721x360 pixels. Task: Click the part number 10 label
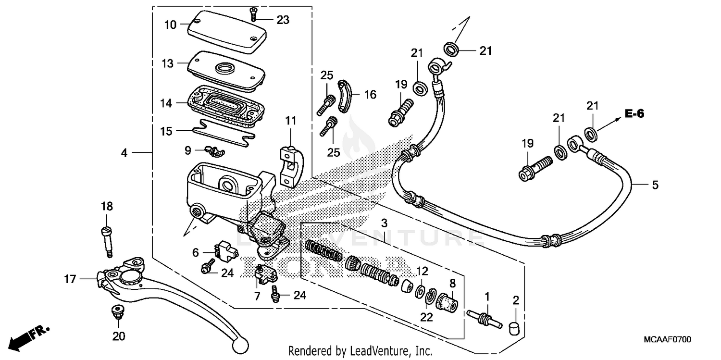coord(171,25)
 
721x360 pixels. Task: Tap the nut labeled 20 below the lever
coord(115,312)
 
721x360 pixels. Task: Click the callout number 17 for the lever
coord(70,279)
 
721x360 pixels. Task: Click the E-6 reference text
coord(634,114)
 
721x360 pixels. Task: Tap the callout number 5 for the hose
coord(655,185)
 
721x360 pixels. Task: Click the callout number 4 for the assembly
coord(124,153)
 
